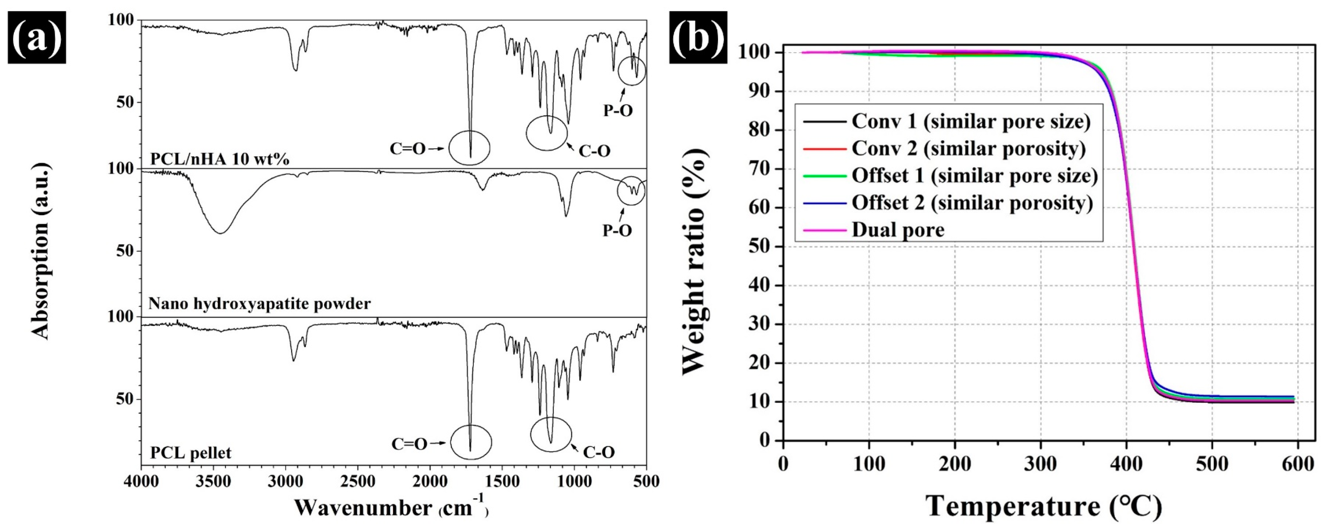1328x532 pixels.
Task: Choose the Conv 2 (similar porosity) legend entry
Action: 968,148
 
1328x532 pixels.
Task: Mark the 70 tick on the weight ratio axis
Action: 759,169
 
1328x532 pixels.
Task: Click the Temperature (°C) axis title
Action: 1043,507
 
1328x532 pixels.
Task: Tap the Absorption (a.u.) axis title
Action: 41,251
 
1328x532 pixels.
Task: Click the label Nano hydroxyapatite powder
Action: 259,304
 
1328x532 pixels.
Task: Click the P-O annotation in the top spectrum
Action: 618,110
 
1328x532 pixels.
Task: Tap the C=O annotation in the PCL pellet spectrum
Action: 409,444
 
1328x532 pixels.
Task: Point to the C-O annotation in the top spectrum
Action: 594,151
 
